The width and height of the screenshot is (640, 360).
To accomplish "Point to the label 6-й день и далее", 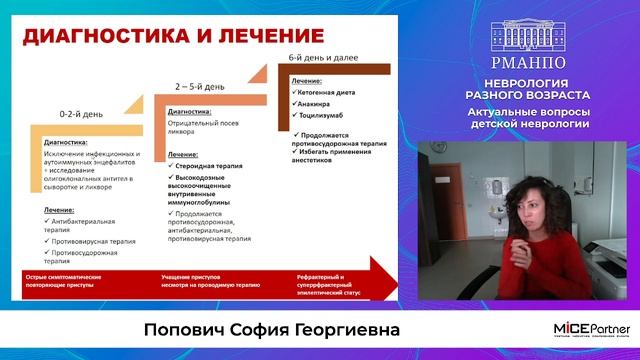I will pyautogui.click(x=320, y=59).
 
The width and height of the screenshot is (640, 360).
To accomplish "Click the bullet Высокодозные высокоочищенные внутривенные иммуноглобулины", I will pyautogui.click(x=209, y=190).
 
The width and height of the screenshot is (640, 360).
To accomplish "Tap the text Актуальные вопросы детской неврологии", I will pyautogui.click(x=528, y=117).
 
